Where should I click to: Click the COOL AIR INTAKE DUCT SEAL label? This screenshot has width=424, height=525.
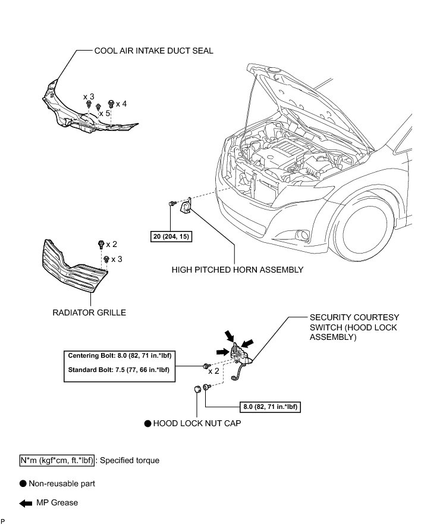pos(153,51)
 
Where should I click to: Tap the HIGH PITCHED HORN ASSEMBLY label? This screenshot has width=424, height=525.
pos(237,270)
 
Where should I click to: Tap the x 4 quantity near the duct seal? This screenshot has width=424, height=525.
pos(121,104)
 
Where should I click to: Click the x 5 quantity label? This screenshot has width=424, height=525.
pos(105,113)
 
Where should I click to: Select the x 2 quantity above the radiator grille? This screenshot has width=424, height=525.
pos(111,244)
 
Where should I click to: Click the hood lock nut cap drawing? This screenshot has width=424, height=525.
pos(196,390)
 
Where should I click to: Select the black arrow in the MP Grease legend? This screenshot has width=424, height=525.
pos(26,503)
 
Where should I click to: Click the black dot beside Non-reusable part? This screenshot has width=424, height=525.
pos(23,484)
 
